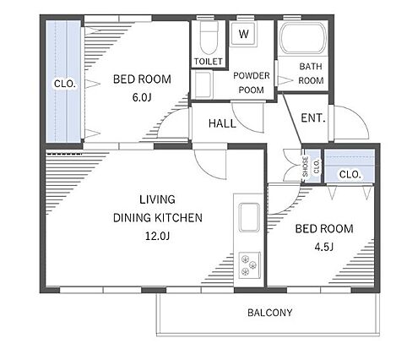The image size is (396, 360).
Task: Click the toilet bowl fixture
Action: [209, 37]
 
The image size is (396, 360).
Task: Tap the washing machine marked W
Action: [244, 34]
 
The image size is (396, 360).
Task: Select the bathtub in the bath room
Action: [303, 38]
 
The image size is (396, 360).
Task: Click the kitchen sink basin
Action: [249, 217]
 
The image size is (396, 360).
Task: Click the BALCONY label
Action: [270, 313]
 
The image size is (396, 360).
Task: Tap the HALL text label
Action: [222, 123]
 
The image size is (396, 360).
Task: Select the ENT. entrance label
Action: [313, 117]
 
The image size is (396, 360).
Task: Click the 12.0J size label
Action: [157, 236]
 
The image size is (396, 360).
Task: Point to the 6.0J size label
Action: [142, 97]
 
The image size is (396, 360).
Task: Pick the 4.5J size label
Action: [324, 247]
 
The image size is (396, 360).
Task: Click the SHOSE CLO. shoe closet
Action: [312, 166]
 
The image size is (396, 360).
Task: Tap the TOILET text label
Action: [209, 61]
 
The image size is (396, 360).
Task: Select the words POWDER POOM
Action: [252, 83]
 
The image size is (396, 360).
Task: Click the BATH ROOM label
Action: [311, 74]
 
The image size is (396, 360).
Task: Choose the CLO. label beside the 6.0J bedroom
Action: [65, 84]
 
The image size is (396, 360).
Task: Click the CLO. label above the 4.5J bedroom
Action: [350, 174]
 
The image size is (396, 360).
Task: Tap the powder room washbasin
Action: [203, 85]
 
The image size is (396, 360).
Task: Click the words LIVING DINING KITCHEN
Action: [158, 209]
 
